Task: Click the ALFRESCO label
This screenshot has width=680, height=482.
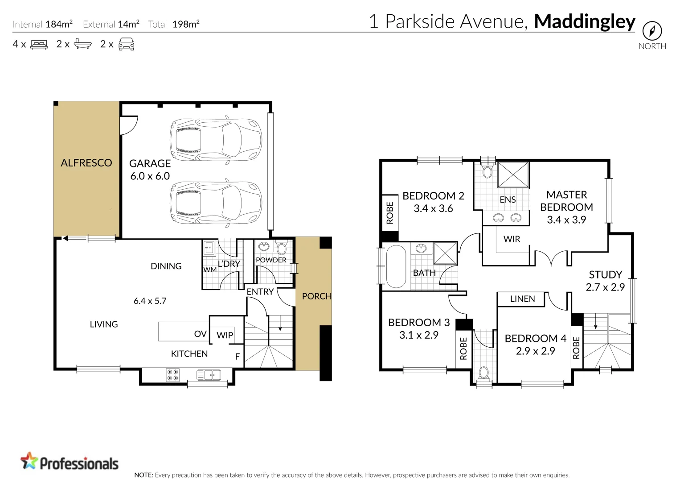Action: pos(86,163)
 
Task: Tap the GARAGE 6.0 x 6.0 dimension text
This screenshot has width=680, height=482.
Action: pos(150,176)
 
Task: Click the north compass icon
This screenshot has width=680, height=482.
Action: pos(652,31)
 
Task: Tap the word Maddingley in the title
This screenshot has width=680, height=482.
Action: pos(585,21)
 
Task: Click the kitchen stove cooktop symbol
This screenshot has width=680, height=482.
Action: pos(172,374)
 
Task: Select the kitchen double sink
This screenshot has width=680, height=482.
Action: pos(209,375)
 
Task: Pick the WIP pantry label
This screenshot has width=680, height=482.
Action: pos(225,335)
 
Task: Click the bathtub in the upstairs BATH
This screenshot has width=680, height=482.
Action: pos(396,266)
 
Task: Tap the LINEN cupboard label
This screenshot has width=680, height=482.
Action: pos(522,299)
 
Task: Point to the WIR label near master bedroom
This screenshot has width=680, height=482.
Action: pos(512,239)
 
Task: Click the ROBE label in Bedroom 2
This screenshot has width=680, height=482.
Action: pos(390,212)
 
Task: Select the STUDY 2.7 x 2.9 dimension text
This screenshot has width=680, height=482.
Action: pos(605,287)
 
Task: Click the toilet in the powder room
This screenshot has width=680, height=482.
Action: pos(281,248)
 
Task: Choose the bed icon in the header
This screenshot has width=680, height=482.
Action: pos(39,44)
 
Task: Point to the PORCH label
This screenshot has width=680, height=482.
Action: pos(316,296)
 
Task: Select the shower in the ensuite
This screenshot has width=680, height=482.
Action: pos(513,175)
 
